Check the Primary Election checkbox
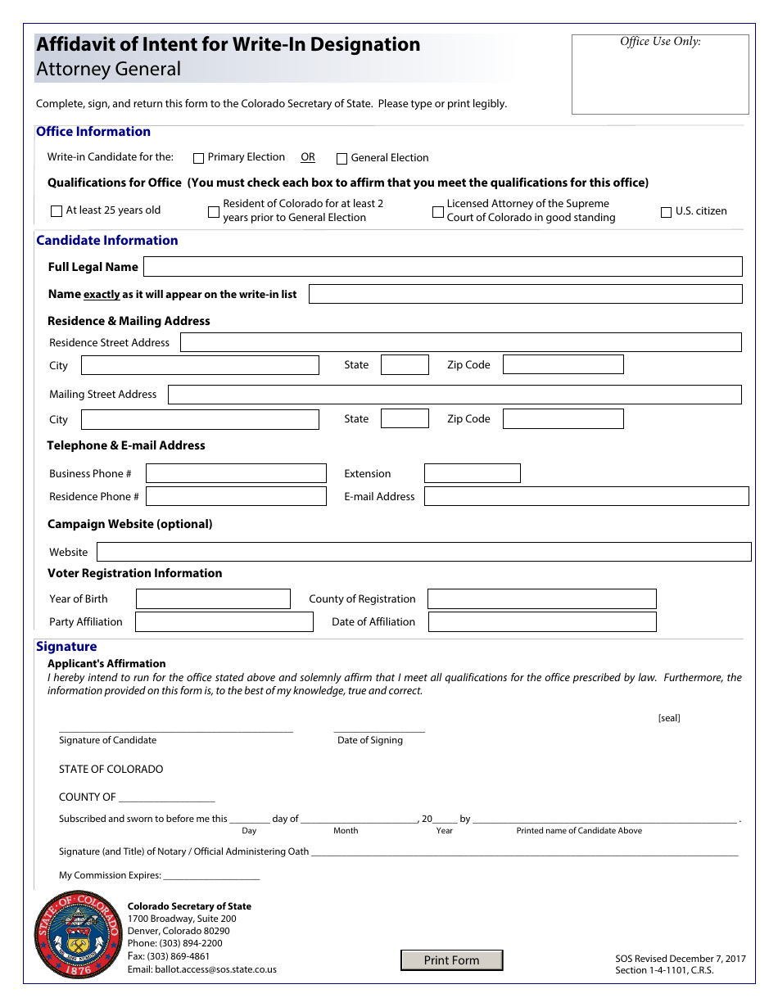tap(198, 158)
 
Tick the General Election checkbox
tap(342, 159)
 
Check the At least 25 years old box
tap(57, 211)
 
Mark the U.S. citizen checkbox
tap(666, 212)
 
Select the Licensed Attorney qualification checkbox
tap(438, 212)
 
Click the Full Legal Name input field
tap(442, 267)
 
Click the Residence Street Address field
tap(460, 342)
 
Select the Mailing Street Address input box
tap(455, 395)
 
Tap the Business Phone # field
tap(236, 473)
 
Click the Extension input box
tap(472, 473)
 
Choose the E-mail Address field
tap(586, 496)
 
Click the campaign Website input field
tap(423, 552)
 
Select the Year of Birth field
tap(213, 599)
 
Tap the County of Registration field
tap(541, 599)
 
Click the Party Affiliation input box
tap(224, 622)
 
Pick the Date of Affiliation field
tap(541, 622)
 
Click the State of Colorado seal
tap(78, 934)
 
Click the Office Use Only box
tap(660, 75)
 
